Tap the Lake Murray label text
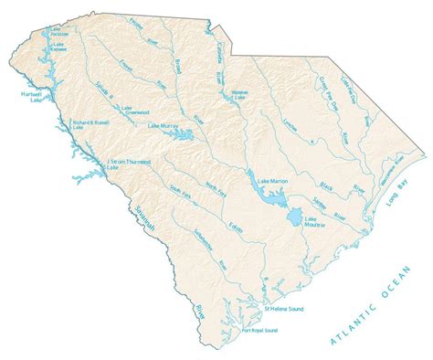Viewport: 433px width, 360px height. coord(162,123)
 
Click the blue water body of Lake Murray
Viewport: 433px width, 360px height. coord(186,136)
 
